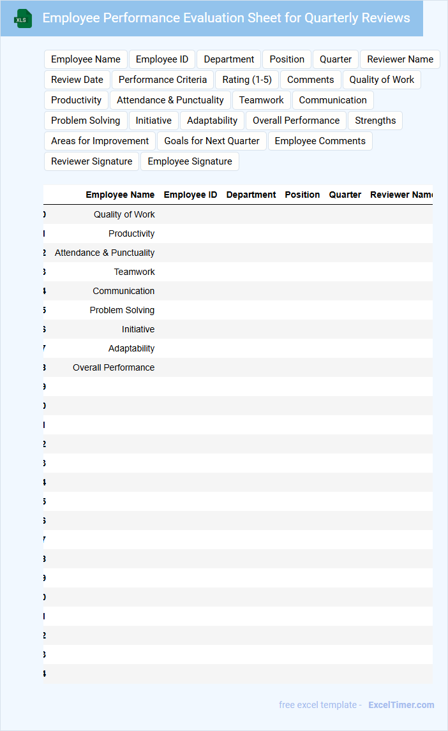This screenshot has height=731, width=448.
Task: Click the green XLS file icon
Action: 23,19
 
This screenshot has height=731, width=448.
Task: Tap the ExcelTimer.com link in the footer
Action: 401,705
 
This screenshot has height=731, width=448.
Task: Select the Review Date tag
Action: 77,80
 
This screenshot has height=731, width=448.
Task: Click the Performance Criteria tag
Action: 163,80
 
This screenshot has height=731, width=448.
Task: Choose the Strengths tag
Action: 375,121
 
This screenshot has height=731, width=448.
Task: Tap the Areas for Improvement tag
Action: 100,141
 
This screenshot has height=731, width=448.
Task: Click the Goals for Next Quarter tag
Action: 212,141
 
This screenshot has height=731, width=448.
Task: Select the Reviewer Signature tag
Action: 92,161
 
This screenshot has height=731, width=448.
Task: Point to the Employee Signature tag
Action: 190,161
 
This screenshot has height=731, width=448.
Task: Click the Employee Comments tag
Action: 320,141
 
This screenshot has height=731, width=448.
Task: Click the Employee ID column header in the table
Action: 190,195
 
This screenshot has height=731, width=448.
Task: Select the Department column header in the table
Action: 251,195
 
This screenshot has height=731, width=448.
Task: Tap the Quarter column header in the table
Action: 345,195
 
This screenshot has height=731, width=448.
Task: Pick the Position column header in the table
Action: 302,195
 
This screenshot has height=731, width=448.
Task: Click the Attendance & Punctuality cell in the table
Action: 105,253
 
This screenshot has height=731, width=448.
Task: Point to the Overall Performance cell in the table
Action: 114,367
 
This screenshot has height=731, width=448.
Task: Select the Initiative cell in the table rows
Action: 138,329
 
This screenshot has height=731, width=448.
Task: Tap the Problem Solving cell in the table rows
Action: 122,310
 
